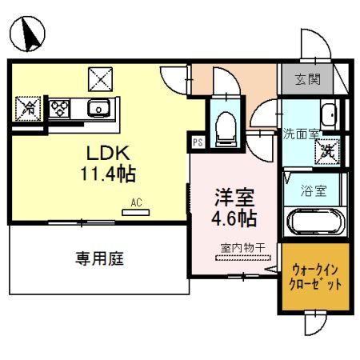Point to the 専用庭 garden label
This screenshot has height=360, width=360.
pos(100,258)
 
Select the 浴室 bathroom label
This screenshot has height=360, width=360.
pos(314,191)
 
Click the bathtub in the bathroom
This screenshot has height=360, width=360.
pos(314,221)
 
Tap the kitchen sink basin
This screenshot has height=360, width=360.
pos(99,107)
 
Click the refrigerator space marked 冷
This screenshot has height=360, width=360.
pos(26,106)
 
